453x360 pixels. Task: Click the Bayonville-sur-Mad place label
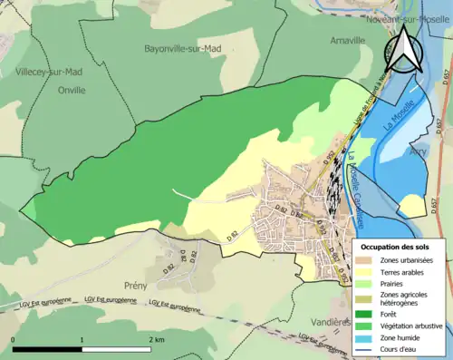click(x=182, y=48)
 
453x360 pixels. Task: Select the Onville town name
click(x=71, y=90)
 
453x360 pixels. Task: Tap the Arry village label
click(x=419, y=154)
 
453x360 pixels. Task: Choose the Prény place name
click(x=135, y=285)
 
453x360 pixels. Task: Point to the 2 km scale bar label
click(x=157, y=339)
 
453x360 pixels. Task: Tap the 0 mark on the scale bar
click(x=13, y=339)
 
